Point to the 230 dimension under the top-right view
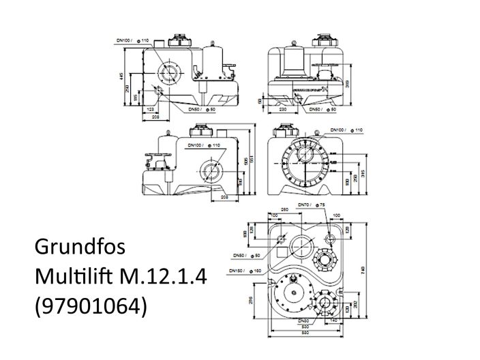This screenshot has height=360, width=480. pyautogui.click(x=282, y=108)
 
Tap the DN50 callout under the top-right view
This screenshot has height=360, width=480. pyautogui.click(x=320, y=109)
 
